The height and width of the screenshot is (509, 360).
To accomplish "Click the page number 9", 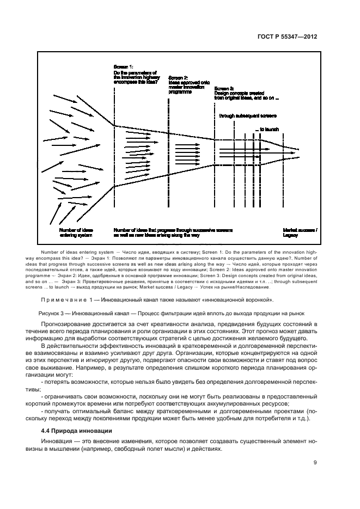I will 315,463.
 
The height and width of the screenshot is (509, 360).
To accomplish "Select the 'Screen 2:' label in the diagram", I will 178,78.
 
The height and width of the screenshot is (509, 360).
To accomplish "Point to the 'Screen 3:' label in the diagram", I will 224,88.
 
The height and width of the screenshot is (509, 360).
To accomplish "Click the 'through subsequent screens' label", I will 247,116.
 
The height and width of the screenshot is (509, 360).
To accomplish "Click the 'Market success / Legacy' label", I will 299,233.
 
